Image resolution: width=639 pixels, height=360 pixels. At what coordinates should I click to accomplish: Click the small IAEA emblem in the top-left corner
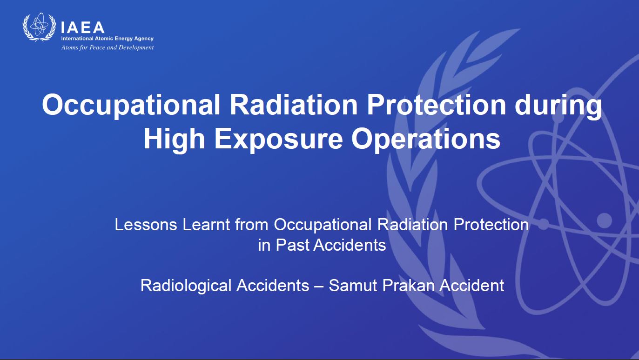pyautogui.click(x=39, y=27)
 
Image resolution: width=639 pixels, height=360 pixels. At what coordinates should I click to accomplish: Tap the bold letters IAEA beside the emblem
pyautogui.click(x=83, y=27)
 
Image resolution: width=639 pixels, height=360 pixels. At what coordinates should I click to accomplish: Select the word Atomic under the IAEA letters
pyautogui.click(x=104, y=39)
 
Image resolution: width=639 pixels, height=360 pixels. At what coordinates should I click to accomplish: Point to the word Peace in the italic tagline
pyautogui.click(x=97, y=47)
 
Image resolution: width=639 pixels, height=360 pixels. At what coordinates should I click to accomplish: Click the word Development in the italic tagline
pyautogui.click(x=136, y=47)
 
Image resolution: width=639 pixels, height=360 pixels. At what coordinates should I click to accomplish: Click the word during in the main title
pyautogui.click(x=558, y=106)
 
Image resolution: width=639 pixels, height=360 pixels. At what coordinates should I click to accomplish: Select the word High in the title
pyautogui.click(x=174, y=139)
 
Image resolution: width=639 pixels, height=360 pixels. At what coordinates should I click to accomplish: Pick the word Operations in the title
pyautogui.click(x=426, y=139)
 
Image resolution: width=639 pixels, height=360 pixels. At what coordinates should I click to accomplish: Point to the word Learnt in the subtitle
pyautogui.click(x=206, y=225)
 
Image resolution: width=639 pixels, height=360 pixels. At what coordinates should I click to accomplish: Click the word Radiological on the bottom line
pyautogui.click(x=186, y=286)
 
